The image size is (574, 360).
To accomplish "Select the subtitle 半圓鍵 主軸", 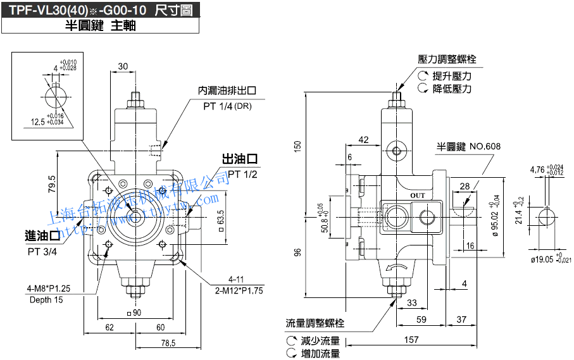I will click(x=101, y=26).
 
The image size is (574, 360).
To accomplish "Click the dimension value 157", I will click(x=411, y=340).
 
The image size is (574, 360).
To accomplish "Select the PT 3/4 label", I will click(x=42, y=251).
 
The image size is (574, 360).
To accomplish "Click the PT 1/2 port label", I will click(x=243, y=174).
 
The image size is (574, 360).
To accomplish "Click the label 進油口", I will click(x=42, y=237).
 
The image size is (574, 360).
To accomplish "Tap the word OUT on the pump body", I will click(x=418, y=196).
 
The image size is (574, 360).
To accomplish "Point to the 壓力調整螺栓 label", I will click(x=447, y=59).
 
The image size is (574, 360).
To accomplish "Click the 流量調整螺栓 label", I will click(x=315, y=323).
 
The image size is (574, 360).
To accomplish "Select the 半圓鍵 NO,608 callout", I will click(x=468, y=147).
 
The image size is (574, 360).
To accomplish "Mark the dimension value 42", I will click(x=363, y=140).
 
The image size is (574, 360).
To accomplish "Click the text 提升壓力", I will click(x=452, y=76).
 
